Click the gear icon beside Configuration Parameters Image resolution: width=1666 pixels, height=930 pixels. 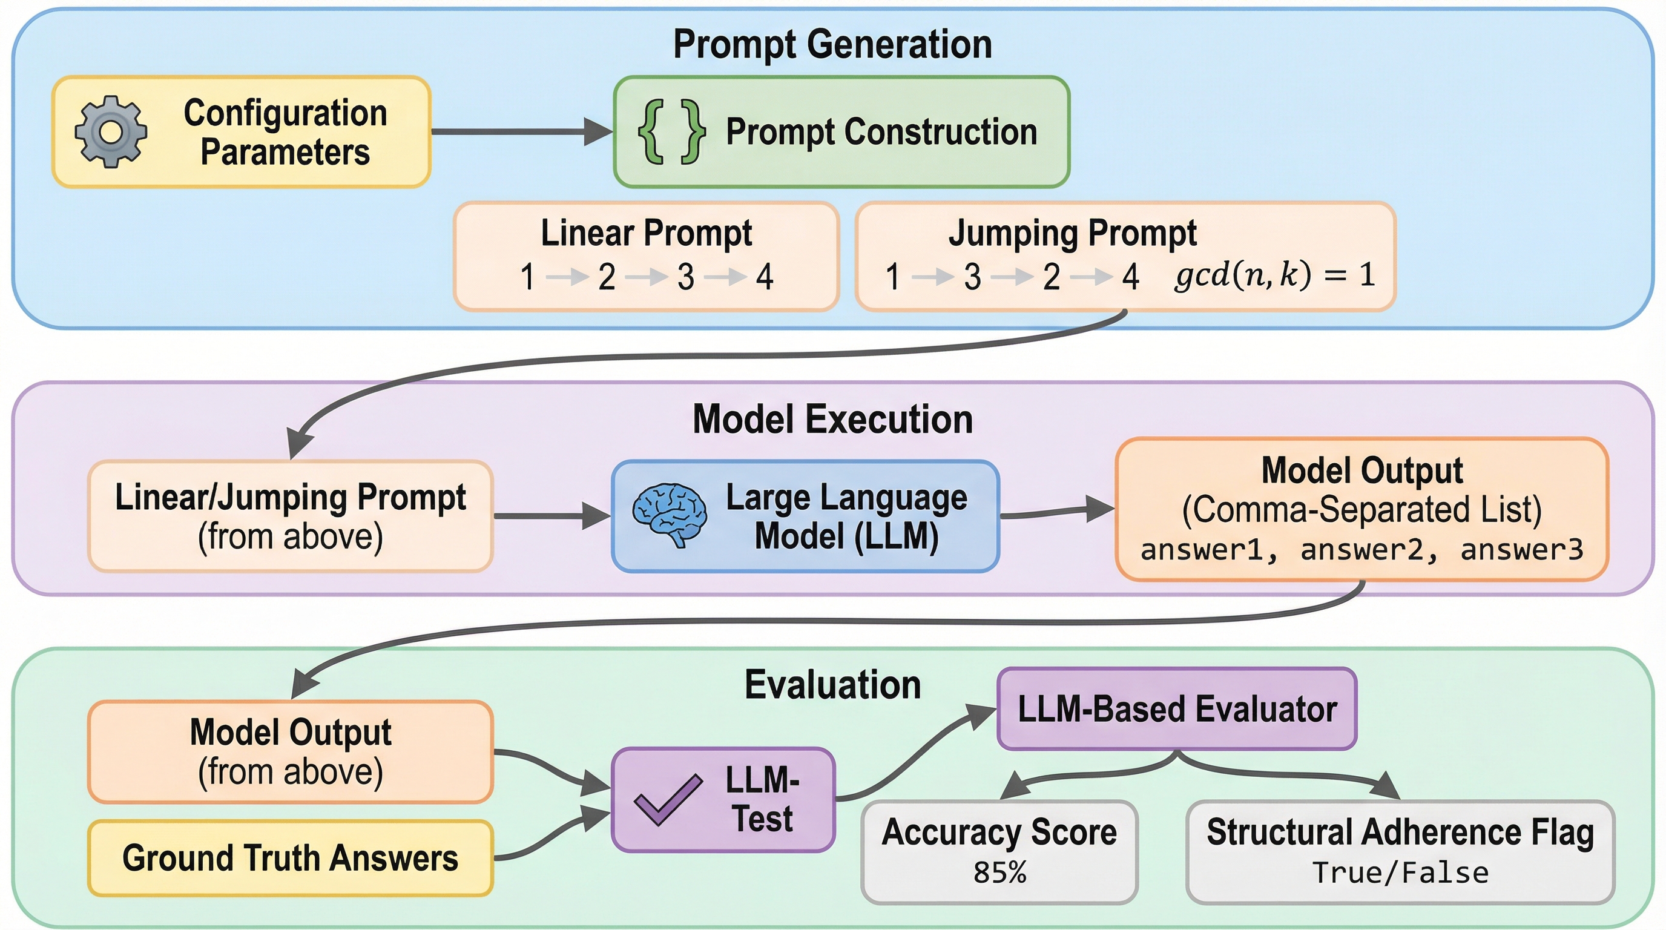pyautogui.click(x=111, y=132)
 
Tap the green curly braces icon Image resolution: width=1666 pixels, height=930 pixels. pyautogui.click(x=671, y=132)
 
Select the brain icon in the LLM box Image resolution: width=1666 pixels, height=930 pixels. pyautogui.click(x=670, y=515)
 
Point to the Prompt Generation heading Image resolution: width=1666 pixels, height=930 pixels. pyautogui.click(x=832, y=44)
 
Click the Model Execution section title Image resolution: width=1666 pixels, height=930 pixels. pyautogui.click(x=832, y=419)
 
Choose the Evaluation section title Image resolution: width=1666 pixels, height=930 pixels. pyautogui.click(x=832, y=685)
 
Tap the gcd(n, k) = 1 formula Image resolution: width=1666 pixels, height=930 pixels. pyautogui.click(x=1274, y=275)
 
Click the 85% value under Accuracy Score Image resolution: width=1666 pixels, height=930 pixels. pyautogui.click(x=999, y=873)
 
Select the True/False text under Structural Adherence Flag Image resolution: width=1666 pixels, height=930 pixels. pyautogui.click(x=1400, y=873)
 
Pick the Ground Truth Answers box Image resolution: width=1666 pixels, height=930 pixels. pyautogui.click(x=291, y=858)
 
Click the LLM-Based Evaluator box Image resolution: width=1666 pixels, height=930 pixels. pyautogui.click(x=1176, y=709)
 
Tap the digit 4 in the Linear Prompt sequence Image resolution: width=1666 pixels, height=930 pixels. pyautogui.click(x=765, y=277)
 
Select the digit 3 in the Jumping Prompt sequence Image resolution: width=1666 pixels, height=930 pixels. pyautogui.click(x=972, y=277)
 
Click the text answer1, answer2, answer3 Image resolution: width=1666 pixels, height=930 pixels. pyautogui.click(x=1361, y=550)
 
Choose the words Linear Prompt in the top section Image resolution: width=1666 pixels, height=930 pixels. pyautogui.click(x=646, y=233)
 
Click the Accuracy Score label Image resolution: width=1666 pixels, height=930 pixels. pyautogui.click(x=999, y=832)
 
